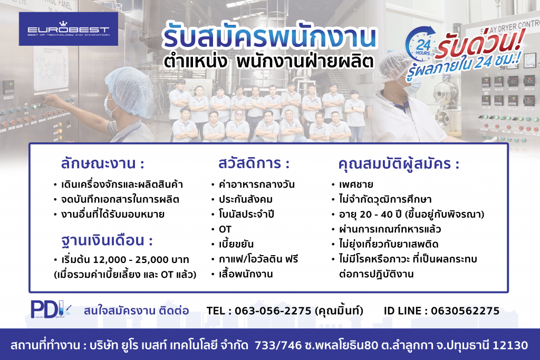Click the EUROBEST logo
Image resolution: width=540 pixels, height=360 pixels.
point(68,29)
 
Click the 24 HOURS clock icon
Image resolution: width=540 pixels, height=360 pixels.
point(421,44)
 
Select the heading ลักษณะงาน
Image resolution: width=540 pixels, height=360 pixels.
point(102,163)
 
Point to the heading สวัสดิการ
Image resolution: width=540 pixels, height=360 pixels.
point(254,163)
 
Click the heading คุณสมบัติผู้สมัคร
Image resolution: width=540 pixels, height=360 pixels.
point(399,164)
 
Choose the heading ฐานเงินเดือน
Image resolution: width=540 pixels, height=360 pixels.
point(107,240)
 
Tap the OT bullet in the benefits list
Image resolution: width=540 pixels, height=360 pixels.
point(225,229)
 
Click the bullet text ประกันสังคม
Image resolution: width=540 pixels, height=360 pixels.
point(246,199)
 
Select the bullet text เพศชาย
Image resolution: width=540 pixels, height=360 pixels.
point(356,184)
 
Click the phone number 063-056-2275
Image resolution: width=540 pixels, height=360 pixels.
point(273,311)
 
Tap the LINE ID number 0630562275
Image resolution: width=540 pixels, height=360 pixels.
point(465,311)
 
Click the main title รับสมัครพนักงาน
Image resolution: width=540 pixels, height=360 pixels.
point(269,36)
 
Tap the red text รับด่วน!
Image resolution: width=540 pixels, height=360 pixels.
point(480,43)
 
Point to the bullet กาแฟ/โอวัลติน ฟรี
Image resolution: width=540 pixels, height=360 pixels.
point(258,259)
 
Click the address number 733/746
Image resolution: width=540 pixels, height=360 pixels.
point(278,345)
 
